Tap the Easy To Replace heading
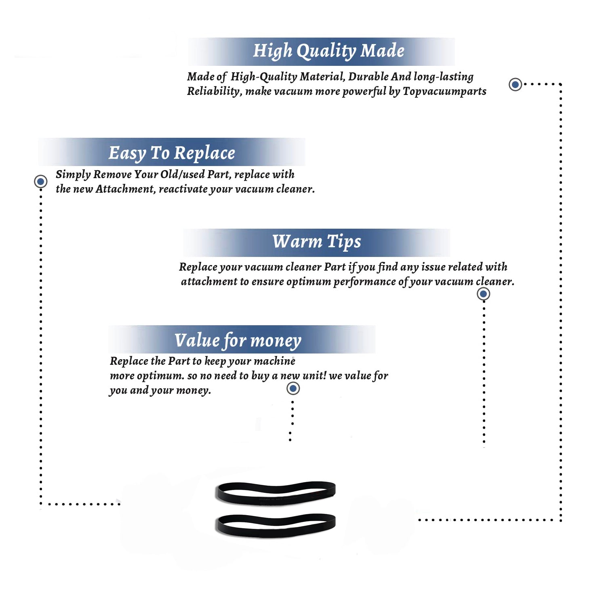pos(172,154)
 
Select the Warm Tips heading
pos(316,242)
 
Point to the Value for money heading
pos(238,341)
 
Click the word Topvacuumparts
pos(444,92)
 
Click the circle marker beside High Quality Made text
pos(515,84)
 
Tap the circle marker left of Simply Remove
pos(40,181)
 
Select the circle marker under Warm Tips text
pos(483,294)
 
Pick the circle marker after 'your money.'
pos(293,389)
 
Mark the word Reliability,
pos(215,92)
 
